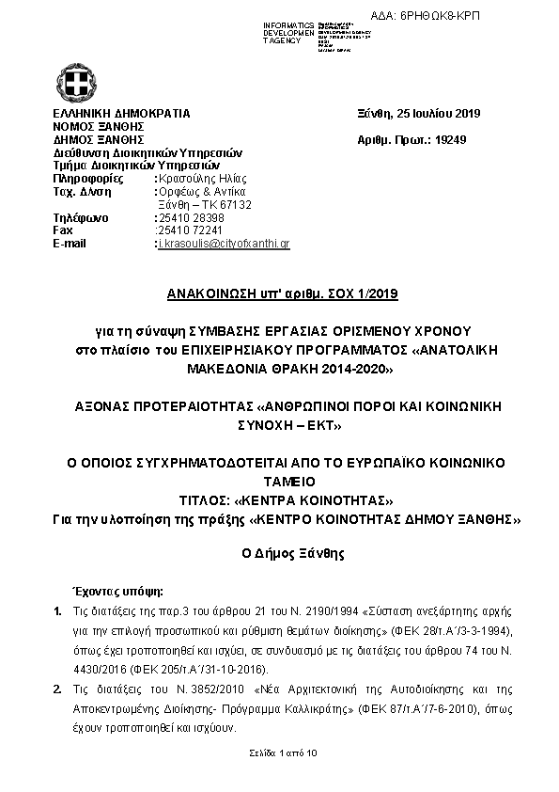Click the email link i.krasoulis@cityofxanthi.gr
click(x=223, y=244)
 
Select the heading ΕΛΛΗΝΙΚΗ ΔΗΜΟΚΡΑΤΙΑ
click(x=121, y=114)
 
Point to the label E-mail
click(x=70, y=244)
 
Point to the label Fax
click(x=63, y=230)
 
